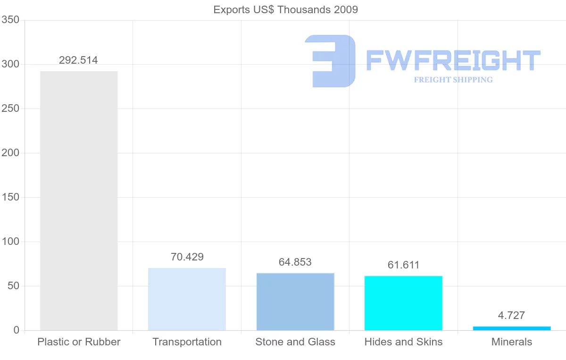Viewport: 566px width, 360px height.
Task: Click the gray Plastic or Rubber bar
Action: point(79,201)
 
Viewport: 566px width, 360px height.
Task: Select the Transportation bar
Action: point(187,299)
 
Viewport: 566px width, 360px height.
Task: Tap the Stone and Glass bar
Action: point(295,301)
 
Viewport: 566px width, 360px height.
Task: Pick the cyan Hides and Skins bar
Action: point(403,303)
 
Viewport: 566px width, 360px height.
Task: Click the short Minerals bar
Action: point(512,328)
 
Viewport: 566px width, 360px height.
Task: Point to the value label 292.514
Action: point(78,60)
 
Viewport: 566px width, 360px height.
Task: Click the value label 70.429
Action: point(187,257)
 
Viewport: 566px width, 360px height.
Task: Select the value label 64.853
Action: point(295,262)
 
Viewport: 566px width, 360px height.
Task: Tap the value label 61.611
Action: point(403,265)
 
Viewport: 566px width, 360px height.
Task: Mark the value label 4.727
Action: point(512,316)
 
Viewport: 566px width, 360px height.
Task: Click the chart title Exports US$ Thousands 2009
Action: point(286,9)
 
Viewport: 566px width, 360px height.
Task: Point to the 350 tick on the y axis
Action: point(10,20)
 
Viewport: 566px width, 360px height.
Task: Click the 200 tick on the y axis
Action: point(10,153)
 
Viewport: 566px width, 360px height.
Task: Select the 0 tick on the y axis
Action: point(17,330)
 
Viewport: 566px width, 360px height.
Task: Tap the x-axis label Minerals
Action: point(512,342)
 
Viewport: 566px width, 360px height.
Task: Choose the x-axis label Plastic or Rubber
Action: point(79,342)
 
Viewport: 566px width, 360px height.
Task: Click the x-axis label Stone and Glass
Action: point(295,342)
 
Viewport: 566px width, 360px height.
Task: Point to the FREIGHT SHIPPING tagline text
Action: point(453,80)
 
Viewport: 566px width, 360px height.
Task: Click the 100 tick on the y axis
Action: point(10,242)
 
